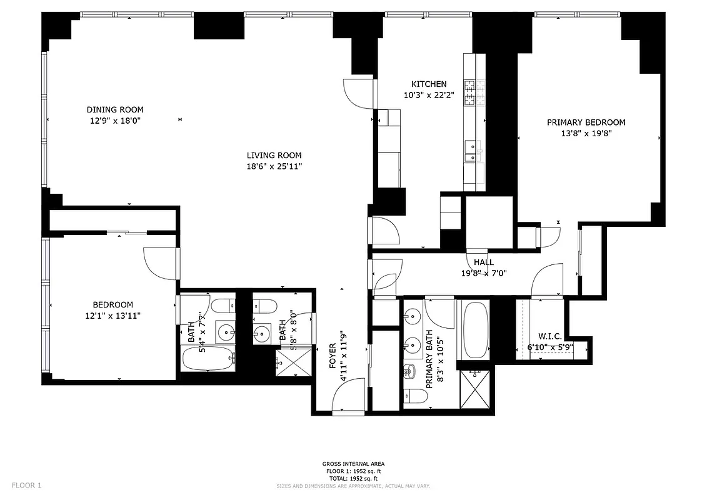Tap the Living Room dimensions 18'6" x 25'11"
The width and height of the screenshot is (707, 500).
[x=274, y=166]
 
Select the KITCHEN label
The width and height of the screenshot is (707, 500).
[x=428, y=84]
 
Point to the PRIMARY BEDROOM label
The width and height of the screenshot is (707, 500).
[x=586, y=122]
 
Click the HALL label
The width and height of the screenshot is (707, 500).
[x=483, y=262]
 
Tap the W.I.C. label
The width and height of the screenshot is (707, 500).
[x=549, y=336]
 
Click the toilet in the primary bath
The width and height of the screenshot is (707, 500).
[x=411, y=395]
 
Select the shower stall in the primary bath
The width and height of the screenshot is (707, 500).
[x=475, y=389]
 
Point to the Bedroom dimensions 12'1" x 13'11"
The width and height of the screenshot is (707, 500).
[x=113, y=316]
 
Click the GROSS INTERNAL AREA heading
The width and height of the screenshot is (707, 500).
[x=353, y=464]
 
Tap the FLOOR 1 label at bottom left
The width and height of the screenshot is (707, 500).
[x=26, y=485]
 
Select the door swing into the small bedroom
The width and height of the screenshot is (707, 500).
[x=159, y=263]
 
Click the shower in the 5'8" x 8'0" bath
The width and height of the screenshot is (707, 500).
[x=293, y=362]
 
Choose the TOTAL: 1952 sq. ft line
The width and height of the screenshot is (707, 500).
[x=353, y=478]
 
